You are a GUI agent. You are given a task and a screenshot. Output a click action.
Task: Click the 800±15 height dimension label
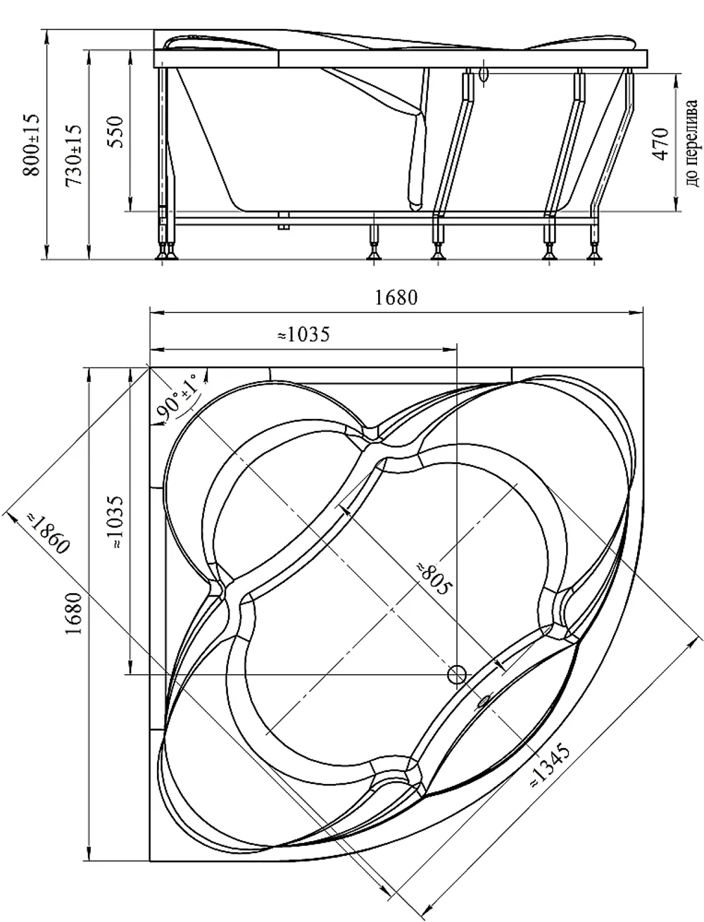pos(32,144)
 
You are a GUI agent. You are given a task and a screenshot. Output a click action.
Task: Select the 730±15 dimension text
pos(74,155)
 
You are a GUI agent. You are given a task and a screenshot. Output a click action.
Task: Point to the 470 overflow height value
pos(660,144)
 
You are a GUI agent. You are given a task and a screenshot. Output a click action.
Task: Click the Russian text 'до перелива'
pos(692,143)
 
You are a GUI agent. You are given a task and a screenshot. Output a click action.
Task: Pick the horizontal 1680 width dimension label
pos(396,298)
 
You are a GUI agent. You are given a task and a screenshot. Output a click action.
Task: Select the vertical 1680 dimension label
pos(74,613)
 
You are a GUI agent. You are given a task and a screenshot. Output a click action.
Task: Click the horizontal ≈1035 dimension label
pos(304,335)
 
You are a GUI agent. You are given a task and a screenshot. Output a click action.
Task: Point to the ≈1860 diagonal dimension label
pos(47,532)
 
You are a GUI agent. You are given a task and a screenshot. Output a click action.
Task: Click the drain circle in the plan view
pos(457,675)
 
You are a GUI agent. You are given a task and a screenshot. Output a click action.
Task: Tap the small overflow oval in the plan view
pos(483,700)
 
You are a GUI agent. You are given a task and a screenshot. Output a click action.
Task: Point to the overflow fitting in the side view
pos(484,75)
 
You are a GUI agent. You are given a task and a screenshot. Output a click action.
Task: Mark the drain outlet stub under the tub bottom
pos(284,220)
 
